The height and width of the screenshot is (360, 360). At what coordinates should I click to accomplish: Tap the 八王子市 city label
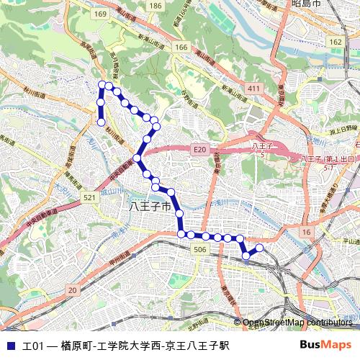pos(150,207)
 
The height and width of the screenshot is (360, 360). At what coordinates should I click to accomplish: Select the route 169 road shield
pos(100,14)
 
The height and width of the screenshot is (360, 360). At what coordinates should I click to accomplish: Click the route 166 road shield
pos(181,48)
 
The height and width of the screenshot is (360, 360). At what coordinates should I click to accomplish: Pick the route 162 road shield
pos(336,42)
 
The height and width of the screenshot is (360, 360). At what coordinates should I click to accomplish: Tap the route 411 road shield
pos(252,88)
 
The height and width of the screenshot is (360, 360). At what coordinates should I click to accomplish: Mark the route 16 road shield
pos(307,232)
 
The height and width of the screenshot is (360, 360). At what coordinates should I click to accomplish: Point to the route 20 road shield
pos(71,289)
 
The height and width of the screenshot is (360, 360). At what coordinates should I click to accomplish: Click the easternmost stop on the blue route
pos(259,248)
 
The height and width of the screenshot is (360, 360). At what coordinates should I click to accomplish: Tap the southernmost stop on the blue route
pos(246,256)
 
